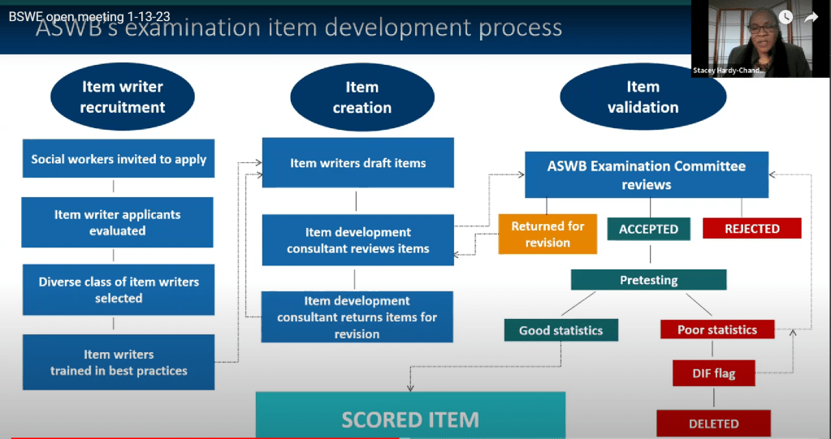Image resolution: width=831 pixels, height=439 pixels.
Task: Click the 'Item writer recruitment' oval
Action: (123, 97)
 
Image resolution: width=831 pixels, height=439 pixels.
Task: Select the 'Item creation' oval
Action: (361, 97)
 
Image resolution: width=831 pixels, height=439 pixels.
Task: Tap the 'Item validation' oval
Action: (643, 97)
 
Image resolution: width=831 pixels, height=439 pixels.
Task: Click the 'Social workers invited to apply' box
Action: (119, 159)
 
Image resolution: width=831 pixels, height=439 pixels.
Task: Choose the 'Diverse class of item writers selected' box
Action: (119, 290)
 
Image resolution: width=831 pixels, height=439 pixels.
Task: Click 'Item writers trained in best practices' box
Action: (119, 362)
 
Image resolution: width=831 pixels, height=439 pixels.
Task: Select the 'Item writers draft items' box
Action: (357, 163)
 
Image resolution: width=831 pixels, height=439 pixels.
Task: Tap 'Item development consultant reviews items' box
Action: (357, 240)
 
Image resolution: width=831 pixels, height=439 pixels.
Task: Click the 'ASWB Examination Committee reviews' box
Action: (646, 175)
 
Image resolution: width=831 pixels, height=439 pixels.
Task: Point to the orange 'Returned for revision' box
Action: (548, 235)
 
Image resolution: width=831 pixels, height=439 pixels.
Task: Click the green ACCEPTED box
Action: (648, 229)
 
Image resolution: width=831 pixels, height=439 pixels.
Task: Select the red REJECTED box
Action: (751, 229)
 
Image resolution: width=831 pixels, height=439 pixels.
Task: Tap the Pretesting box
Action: (648, 280)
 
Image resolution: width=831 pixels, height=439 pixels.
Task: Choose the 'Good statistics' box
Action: (560, 330)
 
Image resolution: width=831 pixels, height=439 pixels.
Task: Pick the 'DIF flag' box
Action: (714, 373)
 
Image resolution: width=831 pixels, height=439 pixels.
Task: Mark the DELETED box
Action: (713, 423)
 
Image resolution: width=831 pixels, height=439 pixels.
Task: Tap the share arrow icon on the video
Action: (811, 17)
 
